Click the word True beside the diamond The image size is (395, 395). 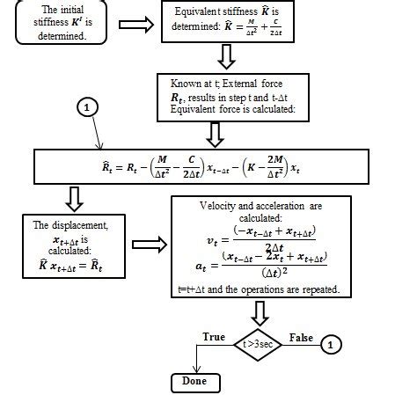tap(214, 336)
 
